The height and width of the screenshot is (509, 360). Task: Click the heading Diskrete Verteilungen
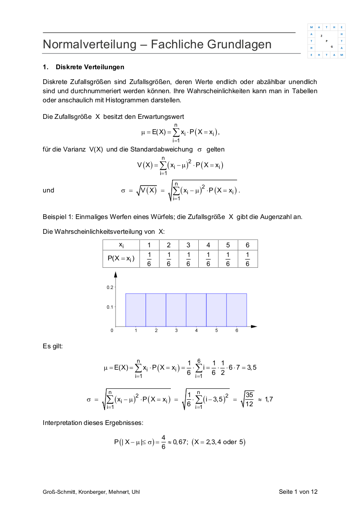point(90,67)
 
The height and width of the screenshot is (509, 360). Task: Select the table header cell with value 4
point(208,245)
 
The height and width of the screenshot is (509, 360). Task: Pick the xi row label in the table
point(121,245)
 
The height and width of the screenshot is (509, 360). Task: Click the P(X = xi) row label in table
point(121,258)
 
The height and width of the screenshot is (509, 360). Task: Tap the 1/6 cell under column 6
point(248,258)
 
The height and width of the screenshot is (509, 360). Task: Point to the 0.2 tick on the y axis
point(109,287)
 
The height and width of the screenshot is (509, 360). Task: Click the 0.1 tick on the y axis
point(109,307)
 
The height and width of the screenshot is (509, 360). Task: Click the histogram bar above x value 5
point(216,310)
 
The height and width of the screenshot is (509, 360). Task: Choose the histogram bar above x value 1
point(136,310)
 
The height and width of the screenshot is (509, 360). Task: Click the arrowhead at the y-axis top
point(115,274)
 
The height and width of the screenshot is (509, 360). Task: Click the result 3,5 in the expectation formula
point(251,367)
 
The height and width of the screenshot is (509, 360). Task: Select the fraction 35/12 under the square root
point(249,398)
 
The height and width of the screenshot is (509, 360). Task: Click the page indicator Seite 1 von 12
point(298,492)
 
